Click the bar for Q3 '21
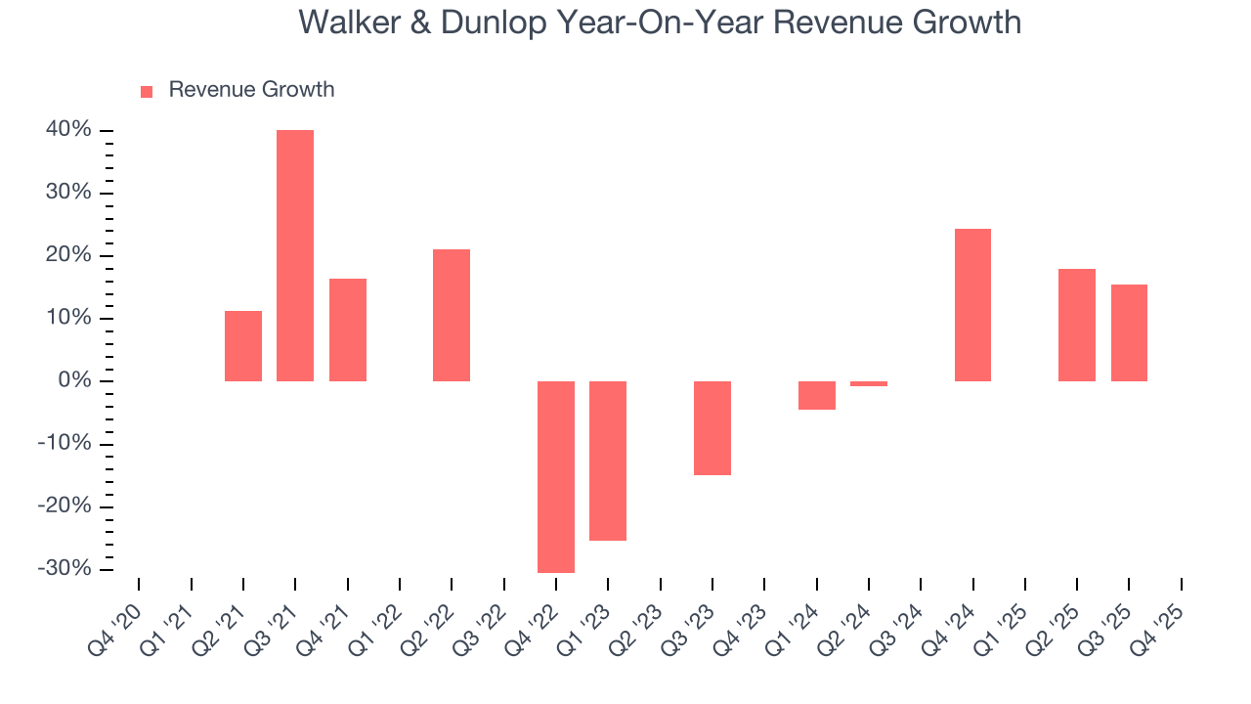(295, 255)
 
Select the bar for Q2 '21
(243, 346)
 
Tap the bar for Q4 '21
(348, 330)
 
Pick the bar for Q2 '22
(452, 315)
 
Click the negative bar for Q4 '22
(556, 476)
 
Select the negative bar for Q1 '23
(608, 461)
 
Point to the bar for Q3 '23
(712, 427)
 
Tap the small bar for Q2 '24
(869, 383)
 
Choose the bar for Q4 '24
(972, 305)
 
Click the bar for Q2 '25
(1077, 325)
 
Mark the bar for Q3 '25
(1129, 332)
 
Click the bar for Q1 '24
(817, 395)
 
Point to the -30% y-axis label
(65, 569)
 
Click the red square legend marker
(147, 91)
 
